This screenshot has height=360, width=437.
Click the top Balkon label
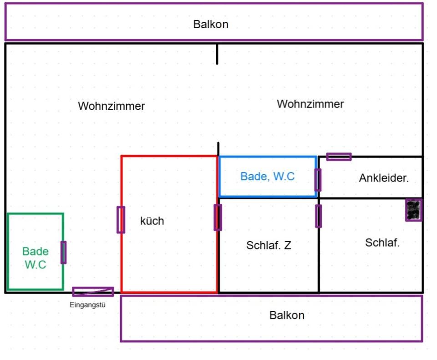[x=211, y=24]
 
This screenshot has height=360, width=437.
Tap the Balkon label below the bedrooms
[x=287, y=315]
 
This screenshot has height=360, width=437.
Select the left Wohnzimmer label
[x=112, y=106]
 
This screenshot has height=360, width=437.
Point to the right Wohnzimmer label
[x=310, y=104]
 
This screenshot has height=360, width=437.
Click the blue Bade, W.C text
[x=268, y=176]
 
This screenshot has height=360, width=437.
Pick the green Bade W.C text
[x=35, y=258]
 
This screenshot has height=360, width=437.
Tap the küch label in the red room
[x=152, y=221]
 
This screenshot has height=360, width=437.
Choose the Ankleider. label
[x=384, y=178]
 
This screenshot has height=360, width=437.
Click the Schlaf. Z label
[x=269, y=245]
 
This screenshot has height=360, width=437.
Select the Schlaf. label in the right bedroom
[x=382, y=243]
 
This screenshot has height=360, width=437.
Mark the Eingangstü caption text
[x=87, y=305]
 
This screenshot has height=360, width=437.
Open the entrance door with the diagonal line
[x=93, y=291]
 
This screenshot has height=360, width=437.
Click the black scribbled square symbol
[x=413, y=210]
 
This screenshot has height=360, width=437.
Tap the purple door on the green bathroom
[x=63, y=252]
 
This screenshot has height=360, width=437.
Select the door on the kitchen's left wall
[x=121, y=219]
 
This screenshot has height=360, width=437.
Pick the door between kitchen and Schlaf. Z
[x=218, y=217]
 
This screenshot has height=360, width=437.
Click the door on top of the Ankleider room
[x=339, y=157]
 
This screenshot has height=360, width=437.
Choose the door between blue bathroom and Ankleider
[x=318, y=179]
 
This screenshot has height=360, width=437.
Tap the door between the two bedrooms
[x=319, y=216]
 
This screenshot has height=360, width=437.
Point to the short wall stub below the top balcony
[x=217, y=54]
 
